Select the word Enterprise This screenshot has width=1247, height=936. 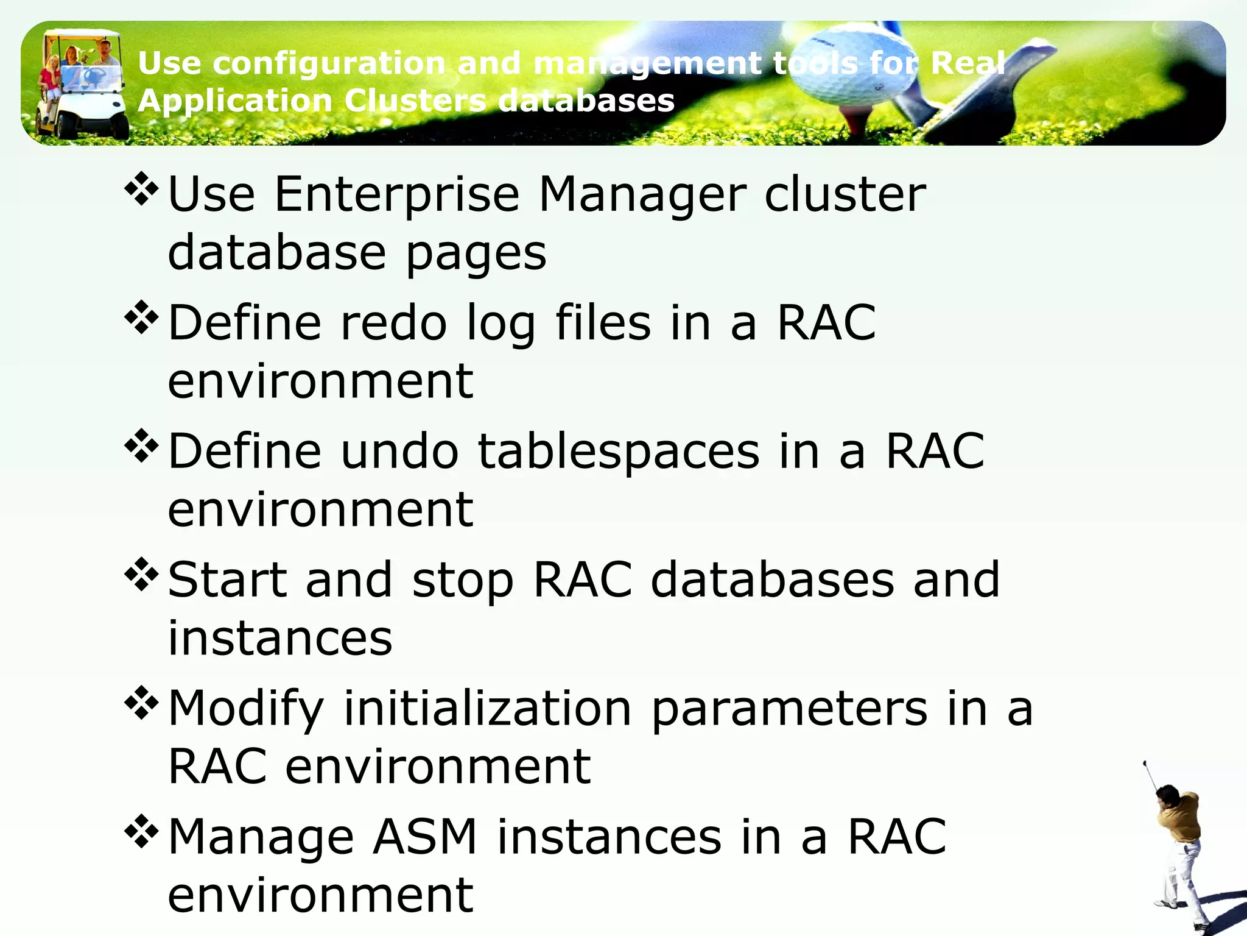397,195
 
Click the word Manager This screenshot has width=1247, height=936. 642,195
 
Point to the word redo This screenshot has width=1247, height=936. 393,323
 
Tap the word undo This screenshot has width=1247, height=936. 399,452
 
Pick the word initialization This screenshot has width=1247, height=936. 488,709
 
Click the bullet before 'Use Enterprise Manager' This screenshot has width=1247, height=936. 141,190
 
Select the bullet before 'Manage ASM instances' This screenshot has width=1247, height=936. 141,832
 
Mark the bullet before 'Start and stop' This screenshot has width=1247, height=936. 141,575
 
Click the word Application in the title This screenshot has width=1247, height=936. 234,101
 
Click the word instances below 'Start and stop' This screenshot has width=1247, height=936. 280,639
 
